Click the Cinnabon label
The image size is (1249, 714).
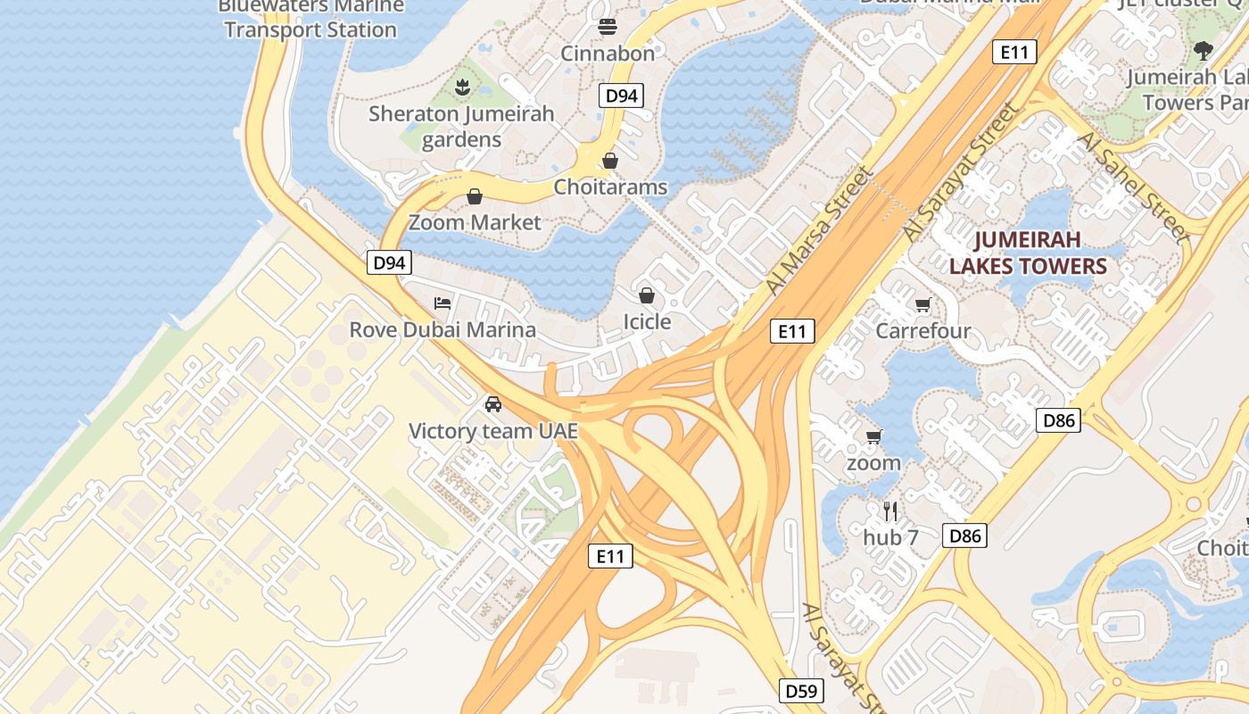pyautogui.click(x=608, y=53)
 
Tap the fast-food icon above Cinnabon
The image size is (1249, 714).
pyautogui.click(x=608, y=26)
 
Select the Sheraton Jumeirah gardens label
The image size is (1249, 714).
pyautogui.click(x=461, y=126)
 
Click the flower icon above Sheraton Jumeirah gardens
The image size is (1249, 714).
pyautogui.click(x=462, y=87)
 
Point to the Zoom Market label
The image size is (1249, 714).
pyautogui.click(x=475, y=222)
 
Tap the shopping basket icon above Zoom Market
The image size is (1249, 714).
pyautogui.click(x=475, y=196)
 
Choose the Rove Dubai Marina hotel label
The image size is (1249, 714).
pyautogui.click(x=443, y=329)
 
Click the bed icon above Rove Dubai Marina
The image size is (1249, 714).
pyautogui.click(x=443, y=303)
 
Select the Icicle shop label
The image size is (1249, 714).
pyautogui.click(x=647, y=321)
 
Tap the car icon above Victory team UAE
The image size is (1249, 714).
pyautogui.click(x=493, y=404)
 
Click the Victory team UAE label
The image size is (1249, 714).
pyautogui.click(x=493, y=431)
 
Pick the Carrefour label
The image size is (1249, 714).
pyautogui.click(x=923, y=331)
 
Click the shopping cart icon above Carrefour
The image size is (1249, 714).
pyautogui.click(x=923, y=305)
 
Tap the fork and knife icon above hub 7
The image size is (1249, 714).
pyautogui.click(x=890, y=511)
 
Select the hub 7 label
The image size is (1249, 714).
pyautogui.click(x=890, y=537)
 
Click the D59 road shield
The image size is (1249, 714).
pyautogui.click(x=800, y=691)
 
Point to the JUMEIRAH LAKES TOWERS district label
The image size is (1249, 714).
pyautogui.click(x=1028, y=253)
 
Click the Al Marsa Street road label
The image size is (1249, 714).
pyautogui.click(x=818, y=229)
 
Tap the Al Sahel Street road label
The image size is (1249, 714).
pyautogui.click(x=1133, y=187)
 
